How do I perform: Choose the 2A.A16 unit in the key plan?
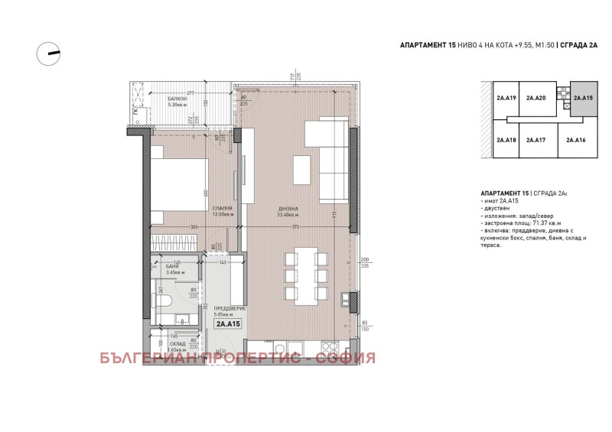click(576, 140)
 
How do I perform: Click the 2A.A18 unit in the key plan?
click(506, 140)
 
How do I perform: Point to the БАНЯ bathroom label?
click(173, 267)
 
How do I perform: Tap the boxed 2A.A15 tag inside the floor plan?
click(227, 324)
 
